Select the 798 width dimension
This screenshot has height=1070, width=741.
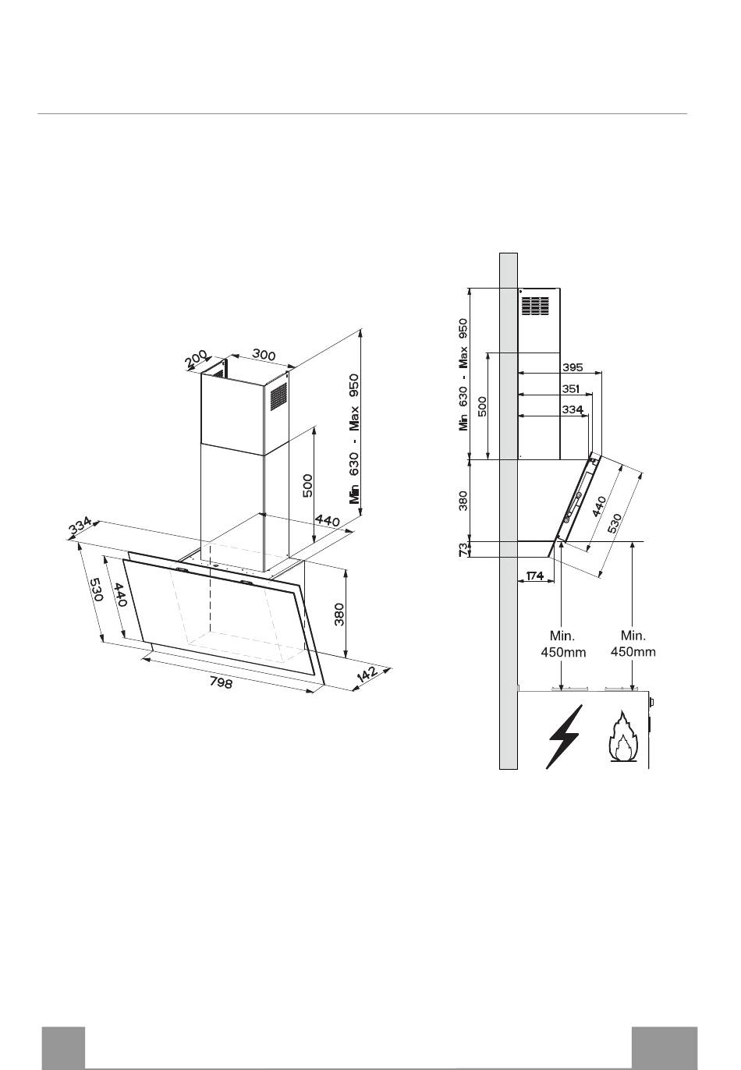pos(222,683)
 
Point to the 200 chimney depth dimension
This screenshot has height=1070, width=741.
pos(197,360)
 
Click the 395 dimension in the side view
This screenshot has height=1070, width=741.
pos(573,367)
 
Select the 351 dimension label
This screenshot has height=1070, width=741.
pos(570,389)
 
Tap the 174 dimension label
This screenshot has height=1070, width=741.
pos(534,576)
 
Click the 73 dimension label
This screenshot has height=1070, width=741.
pos(463,549)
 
